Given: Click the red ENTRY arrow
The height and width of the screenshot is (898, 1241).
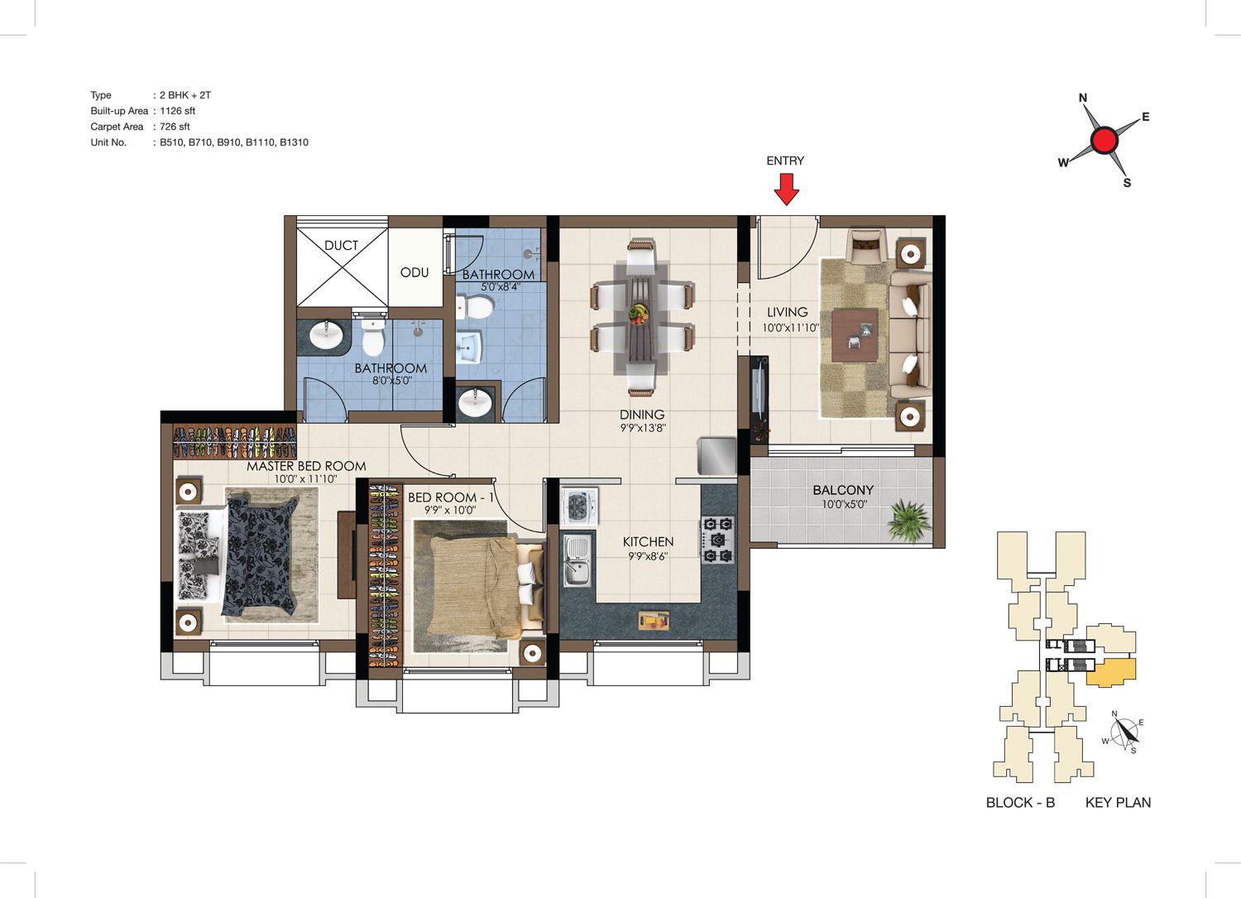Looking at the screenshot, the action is click(786, 189).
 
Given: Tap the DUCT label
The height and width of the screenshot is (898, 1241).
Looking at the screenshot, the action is click(341, 245).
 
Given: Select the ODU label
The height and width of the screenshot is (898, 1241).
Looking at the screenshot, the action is click(414, 272).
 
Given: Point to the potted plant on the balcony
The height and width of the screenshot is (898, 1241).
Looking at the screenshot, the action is click(909, 520).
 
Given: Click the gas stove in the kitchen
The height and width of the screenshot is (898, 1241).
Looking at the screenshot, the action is click(718, 540).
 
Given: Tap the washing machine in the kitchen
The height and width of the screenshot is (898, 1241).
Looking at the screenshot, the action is click(580, 506).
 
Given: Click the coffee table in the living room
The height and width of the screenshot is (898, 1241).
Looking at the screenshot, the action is click(855, 335).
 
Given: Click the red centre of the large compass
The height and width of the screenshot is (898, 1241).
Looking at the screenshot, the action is click(1104, 140).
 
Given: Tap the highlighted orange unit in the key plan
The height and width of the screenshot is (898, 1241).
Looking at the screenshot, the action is click(1110, 672).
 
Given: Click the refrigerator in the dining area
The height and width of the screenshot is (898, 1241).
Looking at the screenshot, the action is click(717, 456).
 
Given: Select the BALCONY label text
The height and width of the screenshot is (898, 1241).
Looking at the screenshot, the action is click(843, 490).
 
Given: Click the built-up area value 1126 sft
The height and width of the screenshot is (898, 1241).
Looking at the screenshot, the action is click(178, 111).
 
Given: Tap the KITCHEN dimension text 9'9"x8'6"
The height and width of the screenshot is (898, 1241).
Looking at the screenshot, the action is click(648, 555).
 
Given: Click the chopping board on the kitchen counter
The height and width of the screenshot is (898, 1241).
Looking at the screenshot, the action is click(654, 620).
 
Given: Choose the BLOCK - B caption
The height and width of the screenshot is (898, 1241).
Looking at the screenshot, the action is click(1020, 802).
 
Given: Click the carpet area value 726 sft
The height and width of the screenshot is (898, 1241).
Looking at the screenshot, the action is click(175, 127).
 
